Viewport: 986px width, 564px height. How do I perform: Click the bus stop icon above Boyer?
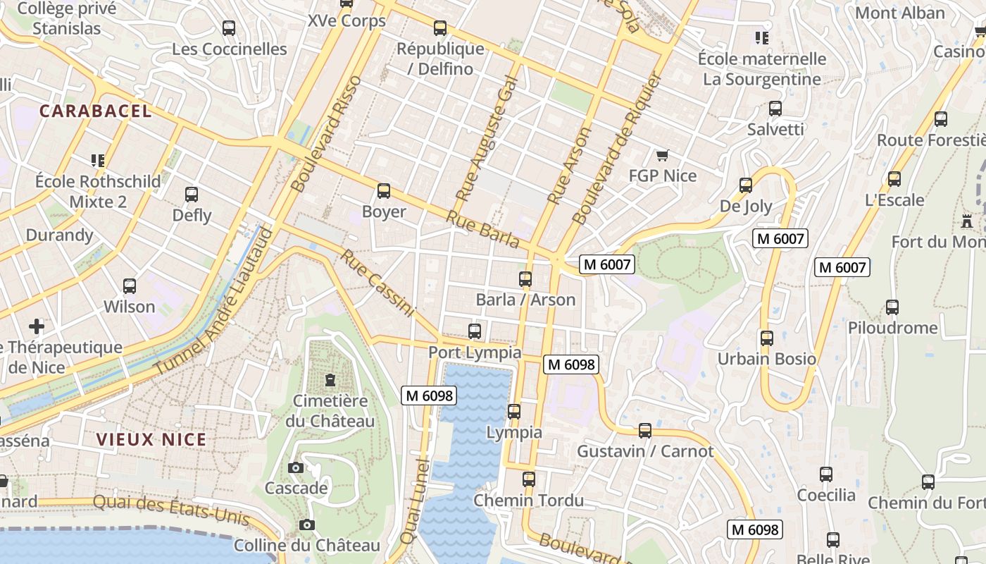click(384, 191)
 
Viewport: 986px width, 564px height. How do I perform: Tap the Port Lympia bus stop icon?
click(475, 331)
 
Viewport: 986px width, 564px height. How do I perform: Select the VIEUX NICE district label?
click(151, 439)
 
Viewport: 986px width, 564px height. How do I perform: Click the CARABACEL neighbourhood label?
click(95, 111)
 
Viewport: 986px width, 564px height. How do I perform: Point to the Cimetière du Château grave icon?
click(330, 381)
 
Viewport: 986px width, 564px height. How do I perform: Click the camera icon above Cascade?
click(296, 467)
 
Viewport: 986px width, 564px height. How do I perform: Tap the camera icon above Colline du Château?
click(306, 525)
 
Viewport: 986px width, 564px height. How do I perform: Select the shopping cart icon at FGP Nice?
click(661, 155)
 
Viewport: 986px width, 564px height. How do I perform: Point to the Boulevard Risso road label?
click(327, 134)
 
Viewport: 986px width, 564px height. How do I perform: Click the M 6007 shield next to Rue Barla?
click(607, 264)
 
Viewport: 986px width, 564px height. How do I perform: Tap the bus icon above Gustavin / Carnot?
click(644, 430)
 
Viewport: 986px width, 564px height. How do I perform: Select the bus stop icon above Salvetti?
click(775, 109)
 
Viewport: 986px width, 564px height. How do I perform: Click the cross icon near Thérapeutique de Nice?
click(37, 326)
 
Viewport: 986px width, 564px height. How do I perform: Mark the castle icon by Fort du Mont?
click(967, 221)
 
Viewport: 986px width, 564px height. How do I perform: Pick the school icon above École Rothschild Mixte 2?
click(97, 161)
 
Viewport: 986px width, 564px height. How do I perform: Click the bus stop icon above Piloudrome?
click(892, 307)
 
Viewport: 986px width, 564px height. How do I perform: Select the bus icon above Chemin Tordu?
click(529, 479)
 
